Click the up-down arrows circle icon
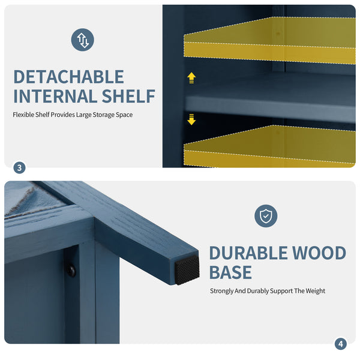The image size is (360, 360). [82, 40]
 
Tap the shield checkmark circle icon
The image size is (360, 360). [266, 216]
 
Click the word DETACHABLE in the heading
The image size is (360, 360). [69, 77]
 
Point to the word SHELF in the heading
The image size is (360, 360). [128, 96]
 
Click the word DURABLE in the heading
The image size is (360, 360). [248, 253]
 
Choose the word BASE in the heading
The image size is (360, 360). [230, 272]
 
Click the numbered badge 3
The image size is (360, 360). [20, 168]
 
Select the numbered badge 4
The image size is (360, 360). [340, 344]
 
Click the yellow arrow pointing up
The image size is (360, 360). [191, 78]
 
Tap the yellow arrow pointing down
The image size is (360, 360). [191, 119]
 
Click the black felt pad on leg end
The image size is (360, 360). [187, 270]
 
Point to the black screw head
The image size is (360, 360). [71, 271]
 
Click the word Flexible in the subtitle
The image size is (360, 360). [23, 115]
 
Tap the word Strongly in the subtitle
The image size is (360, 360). [221, 291]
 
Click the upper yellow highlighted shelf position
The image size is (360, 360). [269, 40]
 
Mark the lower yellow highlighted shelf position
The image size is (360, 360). [269, 146]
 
